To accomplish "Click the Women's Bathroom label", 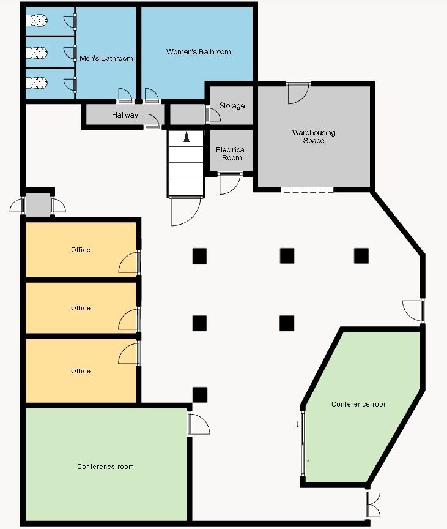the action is pos(198,52).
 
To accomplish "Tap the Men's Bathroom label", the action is pos(106,58).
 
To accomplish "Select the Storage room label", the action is pos(232,106).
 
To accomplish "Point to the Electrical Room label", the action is pos(231,154).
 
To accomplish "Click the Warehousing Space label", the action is pos(314,137).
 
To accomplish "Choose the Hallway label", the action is pos(125,115).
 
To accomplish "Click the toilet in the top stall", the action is pos(37,21).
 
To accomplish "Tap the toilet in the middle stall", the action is pos(37,52).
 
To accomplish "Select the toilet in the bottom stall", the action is pos(37,83).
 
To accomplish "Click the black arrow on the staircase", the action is pos(187,137).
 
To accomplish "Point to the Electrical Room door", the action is pos(230,184).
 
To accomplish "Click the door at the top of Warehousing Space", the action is pos(298,94).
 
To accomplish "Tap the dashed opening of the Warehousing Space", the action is pos(307,190).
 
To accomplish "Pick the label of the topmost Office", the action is pos(81,250).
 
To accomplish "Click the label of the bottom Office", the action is pos(81,371).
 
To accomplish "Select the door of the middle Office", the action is pos(129,319).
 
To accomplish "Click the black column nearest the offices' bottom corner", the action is pos(200,395).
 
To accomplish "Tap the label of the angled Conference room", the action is pos(360,404).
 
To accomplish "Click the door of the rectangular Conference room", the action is pos(199,424).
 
